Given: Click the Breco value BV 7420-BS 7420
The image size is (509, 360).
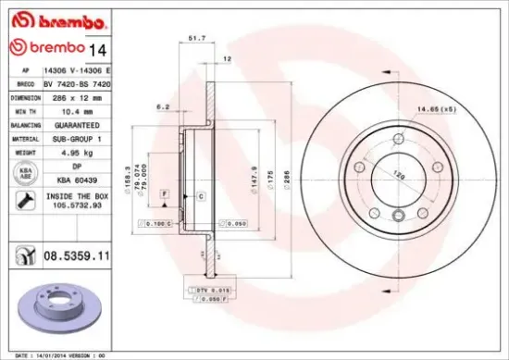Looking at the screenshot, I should coord(83,83).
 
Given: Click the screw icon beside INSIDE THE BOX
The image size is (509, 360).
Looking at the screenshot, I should coord(22,201).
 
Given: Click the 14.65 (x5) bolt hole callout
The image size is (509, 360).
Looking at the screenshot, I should coord(460,110).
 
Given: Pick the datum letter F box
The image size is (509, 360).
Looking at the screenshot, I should coord(164,192).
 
